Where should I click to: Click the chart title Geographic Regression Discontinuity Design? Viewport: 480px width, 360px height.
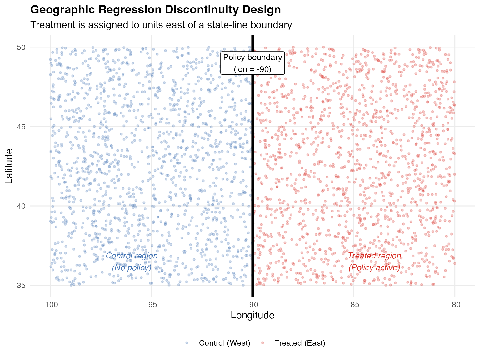[156, 10]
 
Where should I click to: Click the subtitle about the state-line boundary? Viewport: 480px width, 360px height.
[161, 25]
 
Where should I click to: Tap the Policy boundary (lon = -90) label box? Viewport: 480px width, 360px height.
[252, 63]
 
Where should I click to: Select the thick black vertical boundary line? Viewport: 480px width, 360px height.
[252, 187]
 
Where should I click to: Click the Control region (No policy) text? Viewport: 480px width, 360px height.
[132, 262]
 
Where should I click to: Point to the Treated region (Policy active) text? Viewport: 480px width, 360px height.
[374, 262]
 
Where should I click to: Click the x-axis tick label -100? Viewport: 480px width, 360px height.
[50, 305]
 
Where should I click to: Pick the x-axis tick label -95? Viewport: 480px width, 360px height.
[151, 305]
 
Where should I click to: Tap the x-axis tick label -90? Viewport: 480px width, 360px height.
[252, 305]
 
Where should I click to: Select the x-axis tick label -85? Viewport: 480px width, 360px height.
[353, 305]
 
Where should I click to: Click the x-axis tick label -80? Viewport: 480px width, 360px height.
[455, 305]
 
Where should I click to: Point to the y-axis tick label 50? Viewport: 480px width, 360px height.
[21, 47]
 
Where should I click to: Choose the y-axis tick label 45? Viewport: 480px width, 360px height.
[21, 127]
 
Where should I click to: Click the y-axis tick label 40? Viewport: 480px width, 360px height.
[21, 206]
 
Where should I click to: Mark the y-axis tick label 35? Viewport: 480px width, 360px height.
[21, 286]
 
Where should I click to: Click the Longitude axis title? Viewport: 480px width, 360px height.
[252, 315]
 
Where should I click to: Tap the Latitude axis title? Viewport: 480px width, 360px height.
[9, 166]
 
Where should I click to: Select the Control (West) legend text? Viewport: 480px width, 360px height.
[224, 343]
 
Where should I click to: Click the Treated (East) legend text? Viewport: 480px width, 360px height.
[300, 343]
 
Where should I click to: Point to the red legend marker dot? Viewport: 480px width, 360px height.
[262, 343]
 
